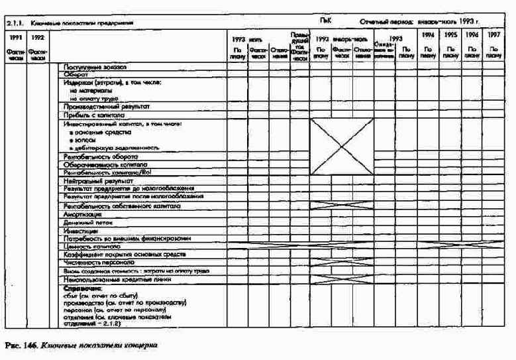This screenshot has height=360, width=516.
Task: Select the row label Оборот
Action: click(76, 76)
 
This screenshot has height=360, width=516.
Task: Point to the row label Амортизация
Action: click(83, 215)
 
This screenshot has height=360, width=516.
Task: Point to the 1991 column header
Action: click(14, 37)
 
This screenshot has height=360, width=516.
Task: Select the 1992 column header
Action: click(38, 37)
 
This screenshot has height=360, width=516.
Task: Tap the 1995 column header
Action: click(450, 34)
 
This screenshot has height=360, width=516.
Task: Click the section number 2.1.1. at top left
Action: click(15, 23)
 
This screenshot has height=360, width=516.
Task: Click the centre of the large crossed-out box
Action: click(342, 147)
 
